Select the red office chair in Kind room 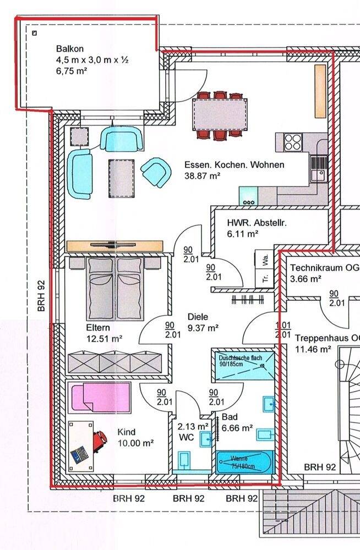tap(100, 439)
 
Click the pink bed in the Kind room tap(100, 397)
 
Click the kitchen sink tap(318, 175)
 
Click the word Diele tap(198, 317)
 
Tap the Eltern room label tap(97, 328)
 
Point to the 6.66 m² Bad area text tap(237, 427)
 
